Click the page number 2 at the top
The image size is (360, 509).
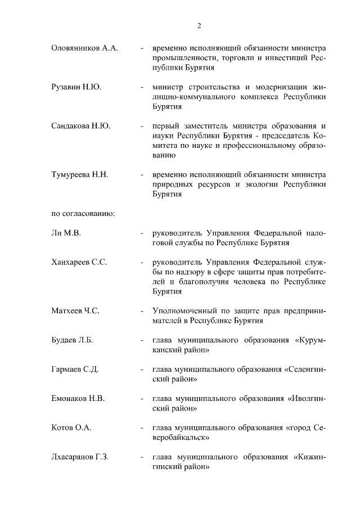point(199,25)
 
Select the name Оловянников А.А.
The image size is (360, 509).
point(84,48)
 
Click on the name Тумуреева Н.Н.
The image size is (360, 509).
point(80,174)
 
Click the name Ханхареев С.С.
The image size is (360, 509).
point(79,262)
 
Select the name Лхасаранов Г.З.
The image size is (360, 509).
point(80,457)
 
